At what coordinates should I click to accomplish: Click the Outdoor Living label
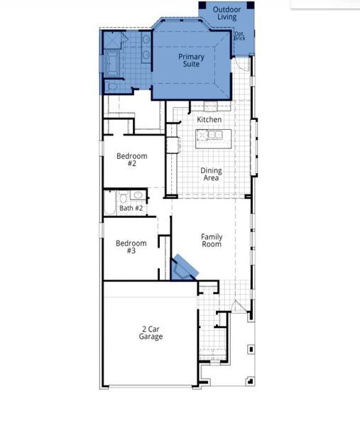(227, 12)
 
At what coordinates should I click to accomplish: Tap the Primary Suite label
(191, 60)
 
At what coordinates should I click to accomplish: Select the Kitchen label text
(209, 119)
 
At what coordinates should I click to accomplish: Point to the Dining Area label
(211, 174)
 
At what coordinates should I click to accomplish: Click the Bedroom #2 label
(132, 160)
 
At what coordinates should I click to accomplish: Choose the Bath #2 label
(131, 208)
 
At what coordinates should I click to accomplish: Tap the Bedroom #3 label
(131, 247)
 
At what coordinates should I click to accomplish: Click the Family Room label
(212, 240)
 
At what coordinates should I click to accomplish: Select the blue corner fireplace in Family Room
(185, 268)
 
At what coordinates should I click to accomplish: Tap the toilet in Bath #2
(123, 197)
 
